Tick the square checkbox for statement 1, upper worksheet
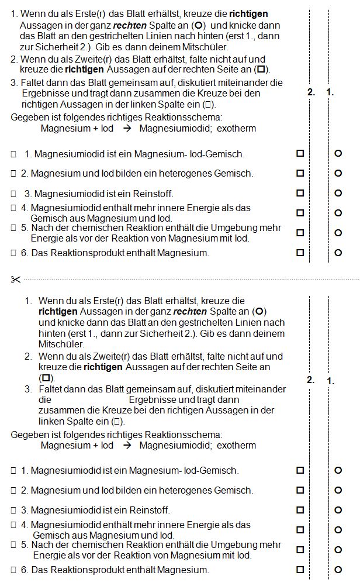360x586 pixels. click(300, 153)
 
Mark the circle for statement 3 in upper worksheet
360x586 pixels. click(338, 193)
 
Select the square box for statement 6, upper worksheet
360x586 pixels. click(300, 253)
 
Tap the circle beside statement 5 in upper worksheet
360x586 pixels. click(338, 233)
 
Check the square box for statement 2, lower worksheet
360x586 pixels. click(300, 490)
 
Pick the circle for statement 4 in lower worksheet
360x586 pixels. click(338, 529)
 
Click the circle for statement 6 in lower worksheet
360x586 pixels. click(338, 569)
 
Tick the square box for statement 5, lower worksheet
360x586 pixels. click(300, 549)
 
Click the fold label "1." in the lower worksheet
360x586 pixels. click(331, 381)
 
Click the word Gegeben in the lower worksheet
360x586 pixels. click(28, 435)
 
